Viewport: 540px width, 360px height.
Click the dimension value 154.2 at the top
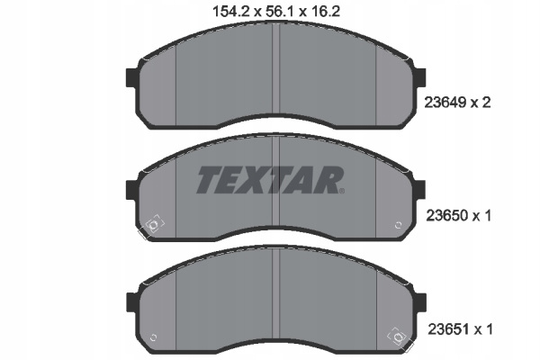point(230,12)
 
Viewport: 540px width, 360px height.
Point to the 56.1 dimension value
point(280,12)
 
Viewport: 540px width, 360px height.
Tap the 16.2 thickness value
point(325,12)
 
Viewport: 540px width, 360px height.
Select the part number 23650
point(447,216)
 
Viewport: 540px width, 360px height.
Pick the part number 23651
point(448,329)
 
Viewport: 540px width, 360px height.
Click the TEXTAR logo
point(268,180)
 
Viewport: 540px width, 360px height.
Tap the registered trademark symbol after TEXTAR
point(342,191)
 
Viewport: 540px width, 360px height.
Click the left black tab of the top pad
point(131,77)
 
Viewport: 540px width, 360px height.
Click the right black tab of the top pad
point(421,77)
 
